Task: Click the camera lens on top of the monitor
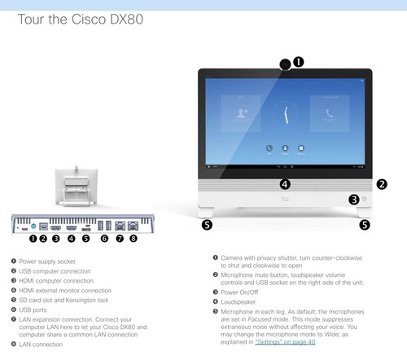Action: (x=284, y=64)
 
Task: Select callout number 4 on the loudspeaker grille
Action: (x=285, y=184)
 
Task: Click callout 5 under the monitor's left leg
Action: (x=207, y=224)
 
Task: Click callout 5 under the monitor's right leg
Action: (x=364, y=224)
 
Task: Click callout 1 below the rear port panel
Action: (x=33, y=239)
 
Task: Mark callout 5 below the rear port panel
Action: (x=85, y=239)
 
